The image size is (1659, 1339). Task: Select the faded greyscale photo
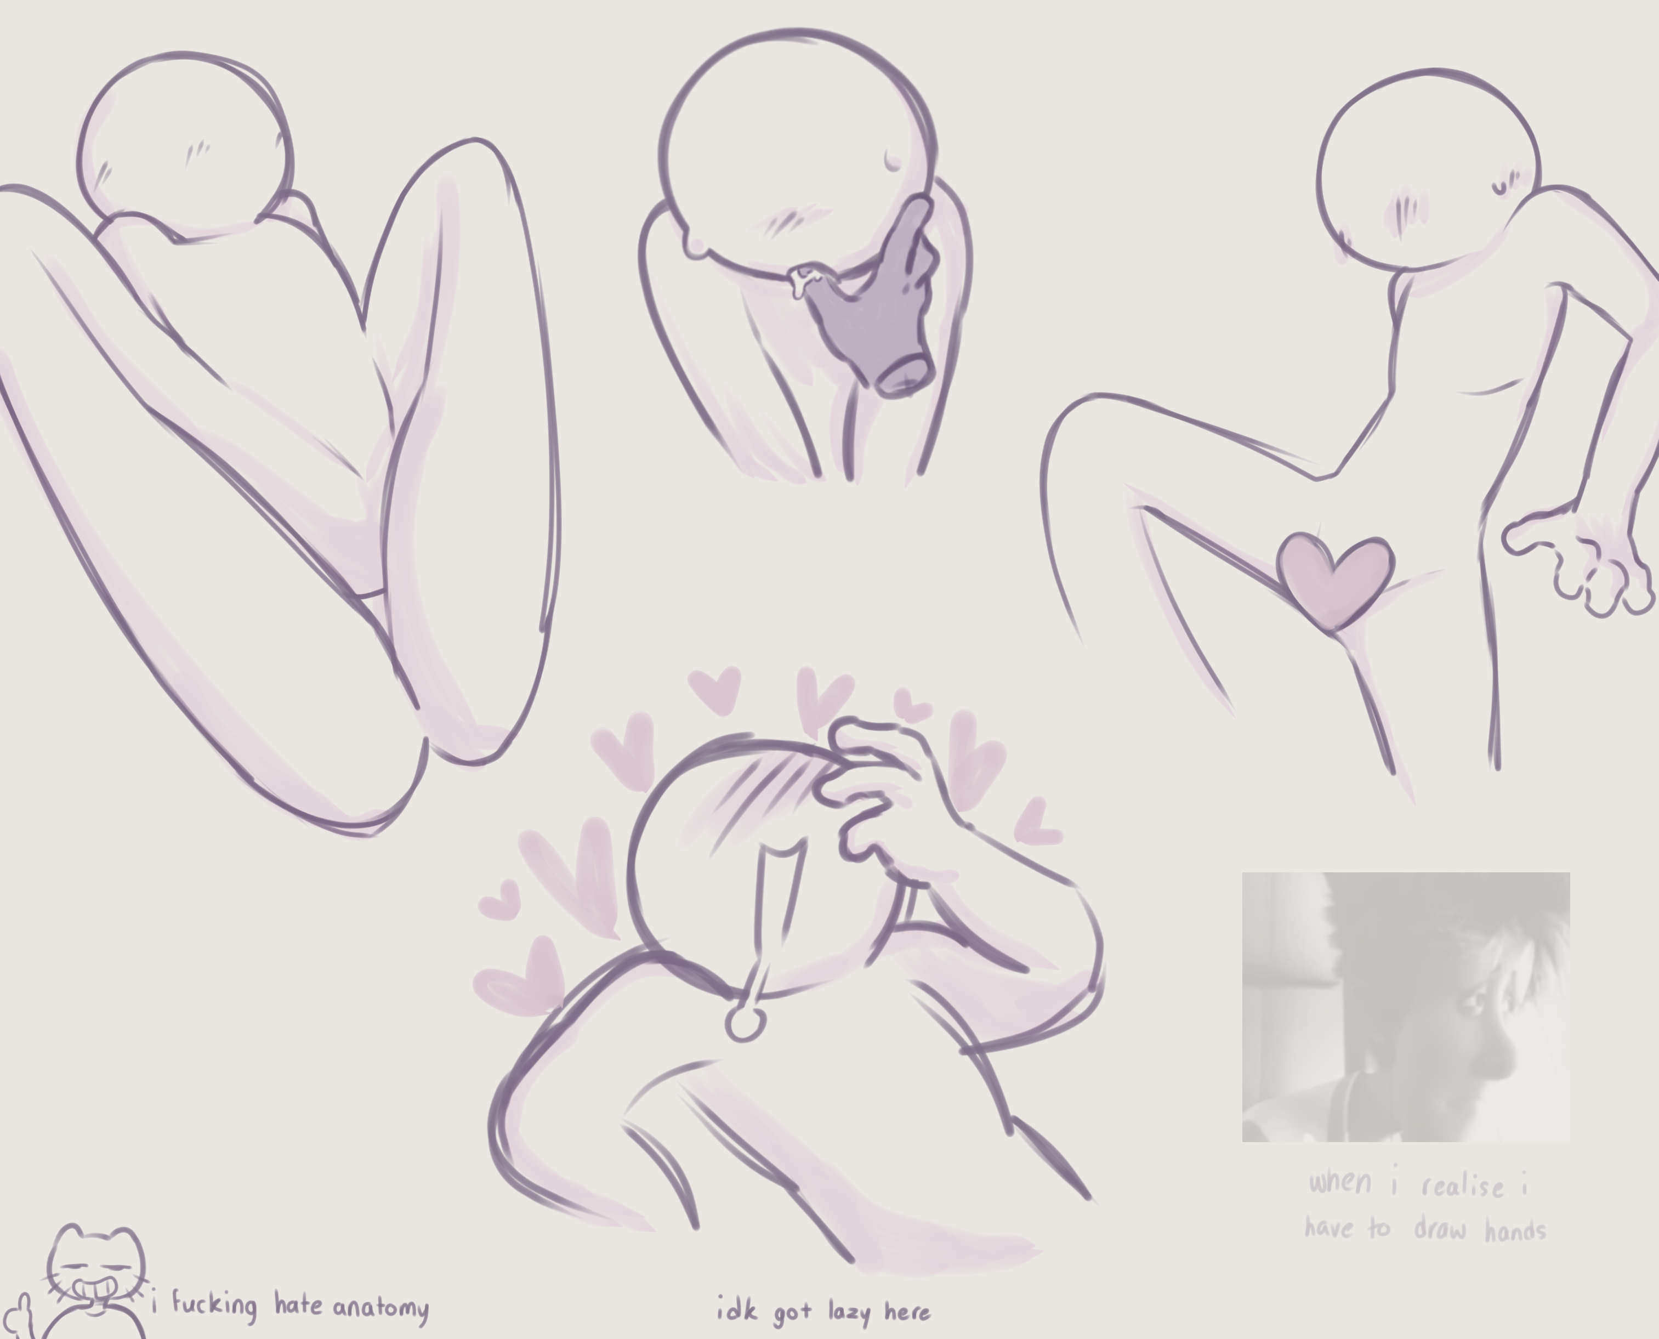[x=1405, y=1007]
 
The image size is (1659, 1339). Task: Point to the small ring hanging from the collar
[x=745, y=1024]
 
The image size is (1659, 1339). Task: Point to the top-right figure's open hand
[x=1581, y=559]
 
